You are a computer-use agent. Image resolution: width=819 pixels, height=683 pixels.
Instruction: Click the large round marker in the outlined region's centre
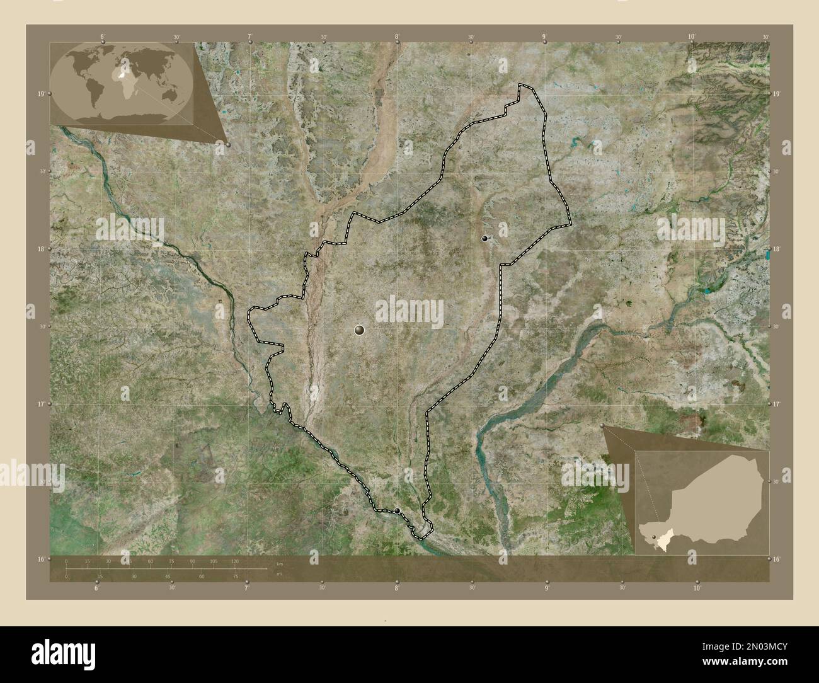(360, 330)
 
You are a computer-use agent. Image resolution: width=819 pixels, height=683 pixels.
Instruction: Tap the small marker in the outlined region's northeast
(484, 238)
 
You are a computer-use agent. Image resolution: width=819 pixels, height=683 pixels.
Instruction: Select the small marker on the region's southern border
(398, 510)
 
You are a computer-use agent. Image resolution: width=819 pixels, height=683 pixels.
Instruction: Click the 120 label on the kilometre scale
(234, 561)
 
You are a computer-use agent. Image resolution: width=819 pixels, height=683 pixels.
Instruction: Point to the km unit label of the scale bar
(279, 563)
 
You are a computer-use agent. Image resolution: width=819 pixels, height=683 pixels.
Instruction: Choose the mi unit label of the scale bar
(279, 574)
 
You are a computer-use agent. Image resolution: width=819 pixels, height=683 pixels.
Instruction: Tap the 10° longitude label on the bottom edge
(697, 588)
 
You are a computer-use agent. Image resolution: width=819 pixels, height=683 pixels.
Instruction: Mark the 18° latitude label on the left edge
(40, 249)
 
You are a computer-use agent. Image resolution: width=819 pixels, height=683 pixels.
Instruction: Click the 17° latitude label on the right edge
(776, 404)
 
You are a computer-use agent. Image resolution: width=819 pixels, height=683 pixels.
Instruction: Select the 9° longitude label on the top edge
(544, 37)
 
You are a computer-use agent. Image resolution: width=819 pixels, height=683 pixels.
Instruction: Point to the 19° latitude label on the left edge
(40, 94)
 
